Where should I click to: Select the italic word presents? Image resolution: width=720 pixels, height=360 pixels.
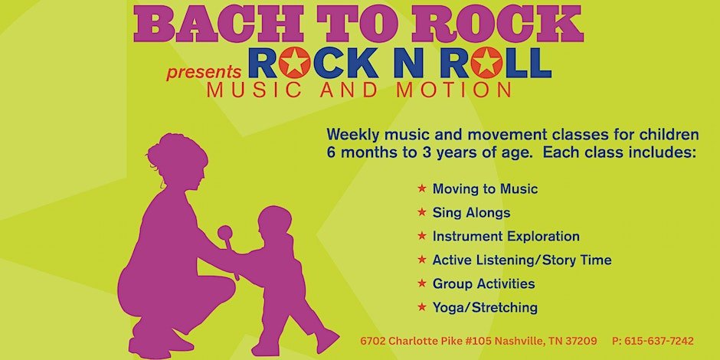point(204,73)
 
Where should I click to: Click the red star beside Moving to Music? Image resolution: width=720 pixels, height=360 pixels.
point(422,188)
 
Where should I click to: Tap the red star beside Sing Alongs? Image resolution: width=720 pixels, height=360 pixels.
point(422,212)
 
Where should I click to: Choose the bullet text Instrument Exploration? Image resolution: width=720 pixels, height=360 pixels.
point(506,236)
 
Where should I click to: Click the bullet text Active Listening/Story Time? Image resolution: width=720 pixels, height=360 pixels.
point(522,260)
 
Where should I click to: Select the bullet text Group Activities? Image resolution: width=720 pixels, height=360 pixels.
point(483,283)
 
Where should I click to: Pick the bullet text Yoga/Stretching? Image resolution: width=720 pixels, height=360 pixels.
point(485,307)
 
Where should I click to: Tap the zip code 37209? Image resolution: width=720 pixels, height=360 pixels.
point(582,341)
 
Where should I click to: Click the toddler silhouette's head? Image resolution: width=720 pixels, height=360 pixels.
point(273,223)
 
